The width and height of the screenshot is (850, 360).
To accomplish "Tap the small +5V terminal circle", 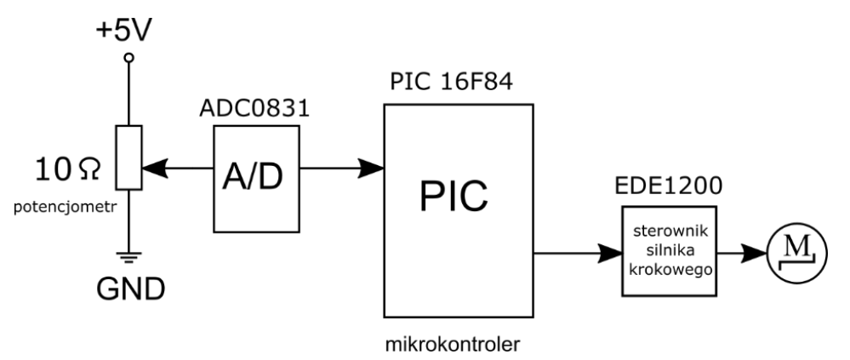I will click(x=129, y=58).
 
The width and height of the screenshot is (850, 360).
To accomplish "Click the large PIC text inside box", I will click(x=457, y=197).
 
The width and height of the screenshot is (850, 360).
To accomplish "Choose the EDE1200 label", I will click(x=670, y=187).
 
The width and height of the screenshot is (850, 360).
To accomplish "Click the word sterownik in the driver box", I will click(x=670, y=231).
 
